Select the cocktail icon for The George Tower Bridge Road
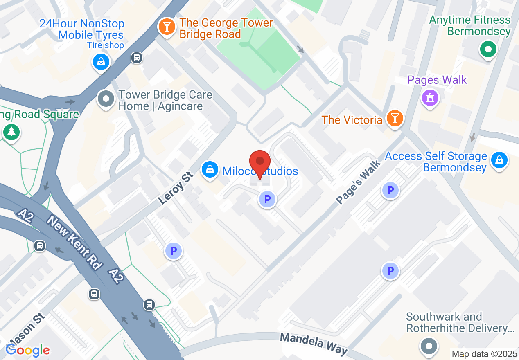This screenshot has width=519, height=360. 167,27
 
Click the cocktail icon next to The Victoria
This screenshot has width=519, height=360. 395,119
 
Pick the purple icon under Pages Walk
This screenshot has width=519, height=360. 430,98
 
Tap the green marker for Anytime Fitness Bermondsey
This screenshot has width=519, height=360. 488,50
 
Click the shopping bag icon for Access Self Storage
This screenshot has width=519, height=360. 499,160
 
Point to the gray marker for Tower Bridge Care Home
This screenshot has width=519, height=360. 107,99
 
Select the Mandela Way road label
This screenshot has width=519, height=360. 314,344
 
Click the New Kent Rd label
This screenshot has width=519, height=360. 74,243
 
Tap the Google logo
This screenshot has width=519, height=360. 27,350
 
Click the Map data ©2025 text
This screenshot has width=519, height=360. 484,354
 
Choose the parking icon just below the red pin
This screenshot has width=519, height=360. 267,200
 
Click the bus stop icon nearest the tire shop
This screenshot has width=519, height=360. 137,58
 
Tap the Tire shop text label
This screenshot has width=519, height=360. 105,45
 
